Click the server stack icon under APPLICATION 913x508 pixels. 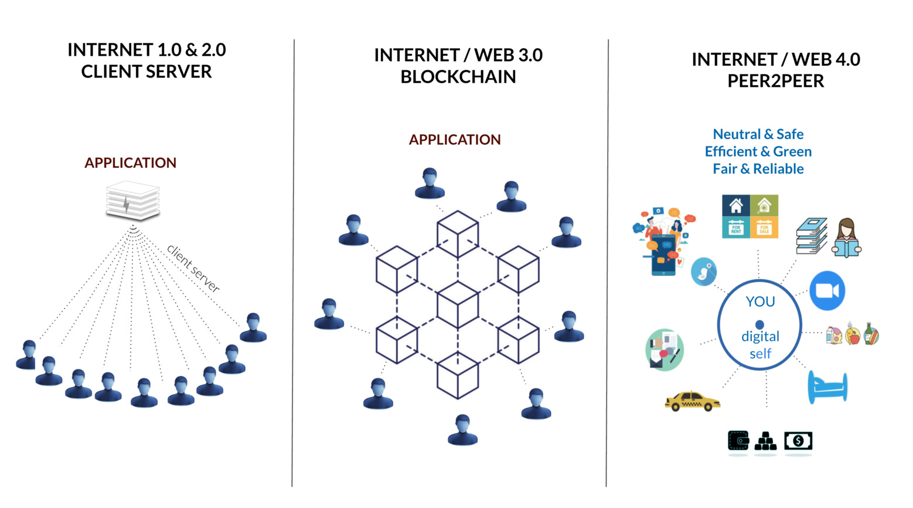pyautogui.click(x=132, y=200)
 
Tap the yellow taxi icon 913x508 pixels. pyautogui.click(x=692, y=401)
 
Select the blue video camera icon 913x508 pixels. pyautogui.click(x=827, y=290)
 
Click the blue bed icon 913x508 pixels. pyautogui.click(x=827, y=387)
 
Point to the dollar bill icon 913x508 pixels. pyautogui.click(x=798, y=441)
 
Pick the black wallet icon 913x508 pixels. pyautogui.click(x=738, y=441)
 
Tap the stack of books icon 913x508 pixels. pyautogui.click(x=812, y=236)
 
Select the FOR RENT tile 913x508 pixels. pyautogui.click(x=735, y=228)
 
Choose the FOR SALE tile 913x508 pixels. pyautogui.click(x=764, y=228)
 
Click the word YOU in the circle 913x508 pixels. pyautogui.click(x=760, y=302)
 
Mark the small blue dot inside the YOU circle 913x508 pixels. pyautogui.click(x=759, y=324)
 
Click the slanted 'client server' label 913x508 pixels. pyautogui.click(x=193, y=268)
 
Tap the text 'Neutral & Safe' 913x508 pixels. pyautogui.click(x=758, y=134)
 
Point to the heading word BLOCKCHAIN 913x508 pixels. pyautogui.click(x=458, y=77)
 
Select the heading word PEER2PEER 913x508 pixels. pyautogui.click(x=775, y=81)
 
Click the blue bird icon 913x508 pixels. pyautogui.click(x=704, y=272)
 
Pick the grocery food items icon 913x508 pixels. pyautogui.click(x=852, y=335)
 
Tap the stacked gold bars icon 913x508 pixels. pyautogui.click(x=765, y=441)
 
